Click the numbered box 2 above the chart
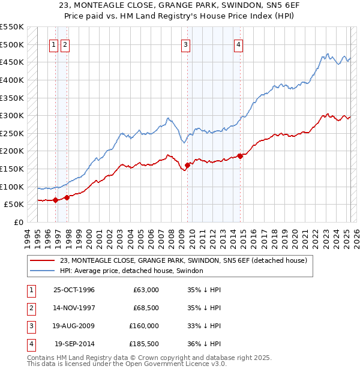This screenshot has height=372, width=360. click(x=65, y=44)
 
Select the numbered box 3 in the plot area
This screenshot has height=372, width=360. click(x=186, y=44)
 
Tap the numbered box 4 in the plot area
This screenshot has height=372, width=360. click(x=239, y=44)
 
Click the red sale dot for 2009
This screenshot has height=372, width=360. click(x=188, y=165)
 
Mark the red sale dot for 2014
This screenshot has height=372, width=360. click(x=240, y=156)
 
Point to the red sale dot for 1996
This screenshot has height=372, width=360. click(x=55, y=200)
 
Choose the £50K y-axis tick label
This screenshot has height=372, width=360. click(x=14, y=205)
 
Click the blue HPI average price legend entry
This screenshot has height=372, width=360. click(x=131, y=271)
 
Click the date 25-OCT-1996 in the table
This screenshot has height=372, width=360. click(x=74, y=290)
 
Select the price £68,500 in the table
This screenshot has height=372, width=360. click(x=146, y=308)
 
